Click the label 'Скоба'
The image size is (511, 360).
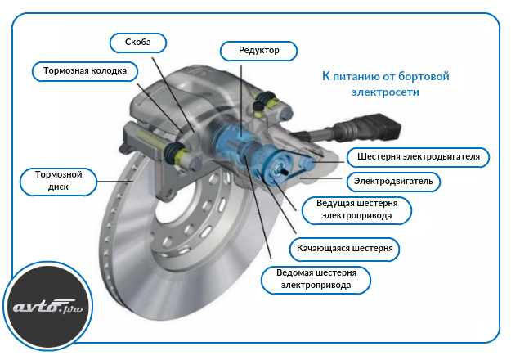coord(138,43)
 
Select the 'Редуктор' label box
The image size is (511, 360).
coord(258,51)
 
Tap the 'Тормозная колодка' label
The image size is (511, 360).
coord(85,71)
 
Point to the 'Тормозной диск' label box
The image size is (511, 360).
coord(58,182)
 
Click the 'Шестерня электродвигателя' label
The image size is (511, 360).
coord(418,157)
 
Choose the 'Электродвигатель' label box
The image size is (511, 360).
coord(393,182)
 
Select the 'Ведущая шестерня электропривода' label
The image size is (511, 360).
coord(356,210)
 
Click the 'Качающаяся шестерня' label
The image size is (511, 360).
coord(344,249)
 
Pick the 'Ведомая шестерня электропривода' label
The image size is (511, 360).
coord(316,280)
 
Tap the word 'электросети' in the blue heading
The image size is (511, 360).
coord(385,92)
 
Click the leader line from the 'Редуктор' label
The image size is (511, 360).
coord(241,101)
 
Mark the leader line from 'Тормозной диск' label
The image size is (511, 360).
coord(115,182)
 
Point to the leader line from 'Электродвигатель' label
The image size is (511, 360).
coord(321,178)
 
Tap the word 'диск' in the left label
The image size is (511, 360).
coord(58,187)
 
